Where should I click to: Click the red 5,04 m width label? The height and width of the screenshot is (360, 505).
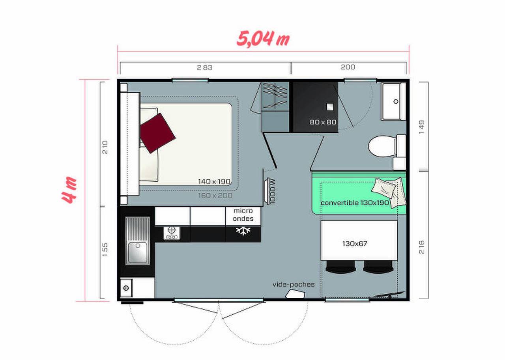tap(263, 39)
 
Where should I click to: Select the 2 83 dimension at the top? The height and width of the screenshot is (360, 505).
tap(205, 67)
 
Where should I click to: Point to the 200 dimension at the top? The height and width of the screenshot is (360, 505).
tap(348, 67)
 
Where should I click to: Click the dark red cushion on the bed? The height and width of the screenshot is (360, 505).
tap(157, 132)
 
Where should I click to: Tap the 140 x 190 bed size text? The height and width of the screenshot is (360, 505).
tap(214, 182)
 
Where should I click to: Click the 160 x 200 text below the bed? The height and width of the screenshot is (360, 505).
tap(215, 195)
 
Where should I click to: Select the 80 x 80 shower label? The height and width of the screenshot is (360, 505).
tap(323, 122)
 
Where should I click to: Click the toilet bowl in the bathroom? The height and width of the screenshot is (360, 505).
tap(381, 147)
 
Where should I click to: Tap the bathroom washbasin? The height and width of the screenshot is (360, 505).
tap(393, 101)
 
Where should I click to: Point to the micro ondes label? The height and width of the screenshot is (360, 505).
tap(243, 215)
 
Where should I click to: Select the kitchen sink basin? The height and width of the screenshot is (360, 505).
tap(137, 252)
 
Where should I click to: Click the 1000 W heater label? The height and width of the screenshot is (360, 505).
tap(272, 191)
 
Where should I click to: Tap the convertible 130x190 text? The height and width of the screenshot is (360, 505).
tap(355, 203)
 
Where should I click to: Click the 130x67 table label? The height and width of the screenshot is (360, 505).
tap(355, 244)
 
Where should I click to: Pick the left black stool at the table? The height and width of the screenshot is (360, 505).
tap(341, 268)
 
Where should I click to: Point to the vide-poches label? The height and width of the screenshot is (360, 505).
tap(294, 284)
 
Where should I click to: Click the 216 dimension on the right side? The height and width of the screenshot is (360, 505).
tap(422, 246)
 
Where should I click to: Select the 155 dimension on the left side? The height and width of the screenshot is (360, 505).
tap(105, 250)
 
